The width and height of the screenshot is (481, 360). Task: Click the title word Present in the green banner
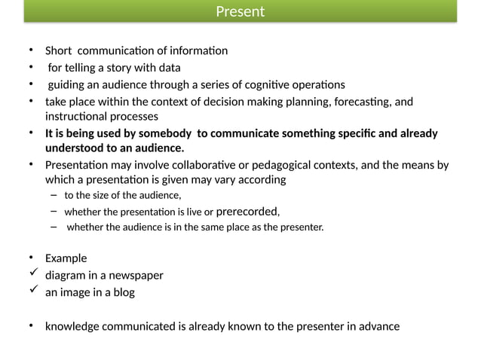pyautogui.click(x=240, y=11)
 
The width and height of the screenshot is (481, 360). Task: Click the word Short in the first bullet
pyautogui.click(x=59, y=51)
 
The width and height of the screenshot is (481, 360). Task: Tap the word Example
pyautogui.click(x=66, y=258)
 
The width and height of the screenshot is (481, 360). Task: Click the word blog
pyautogui.click(x=123, y=292)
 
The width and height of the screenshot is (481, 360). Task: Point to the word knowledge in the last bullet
pyautogui.click(x=73, y=326)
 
